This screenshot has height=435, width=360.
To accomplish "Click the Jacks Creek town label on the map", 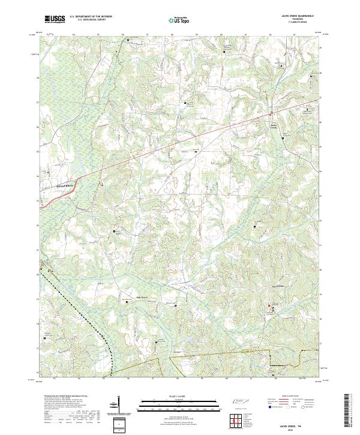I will (x=274, y=125).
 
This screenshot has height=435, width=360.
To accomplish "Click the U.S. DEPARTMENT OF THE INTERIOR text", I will (x=91, y=16).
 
